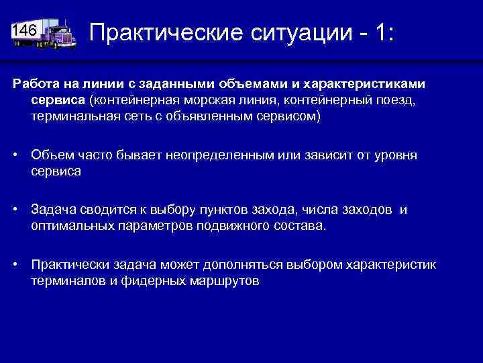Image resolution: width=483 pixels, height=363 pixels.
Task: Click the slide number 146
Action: click(x=25, y=30)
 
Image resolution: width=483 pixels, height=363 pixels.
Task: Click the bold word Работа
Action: click(x=34, y=83)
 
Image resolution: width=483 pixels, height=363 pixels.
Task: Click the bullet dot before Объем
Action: click(x=16, y=156)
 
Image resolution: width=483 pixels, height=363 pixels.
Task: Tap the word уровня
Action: click(x=394, y=155)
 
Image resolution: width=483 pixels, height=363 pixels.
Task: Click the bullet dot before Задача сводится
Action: click(x=16, y=210)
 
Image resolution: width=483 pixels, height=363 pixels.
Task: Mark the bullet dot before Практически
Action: click(x=16, y=265)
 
